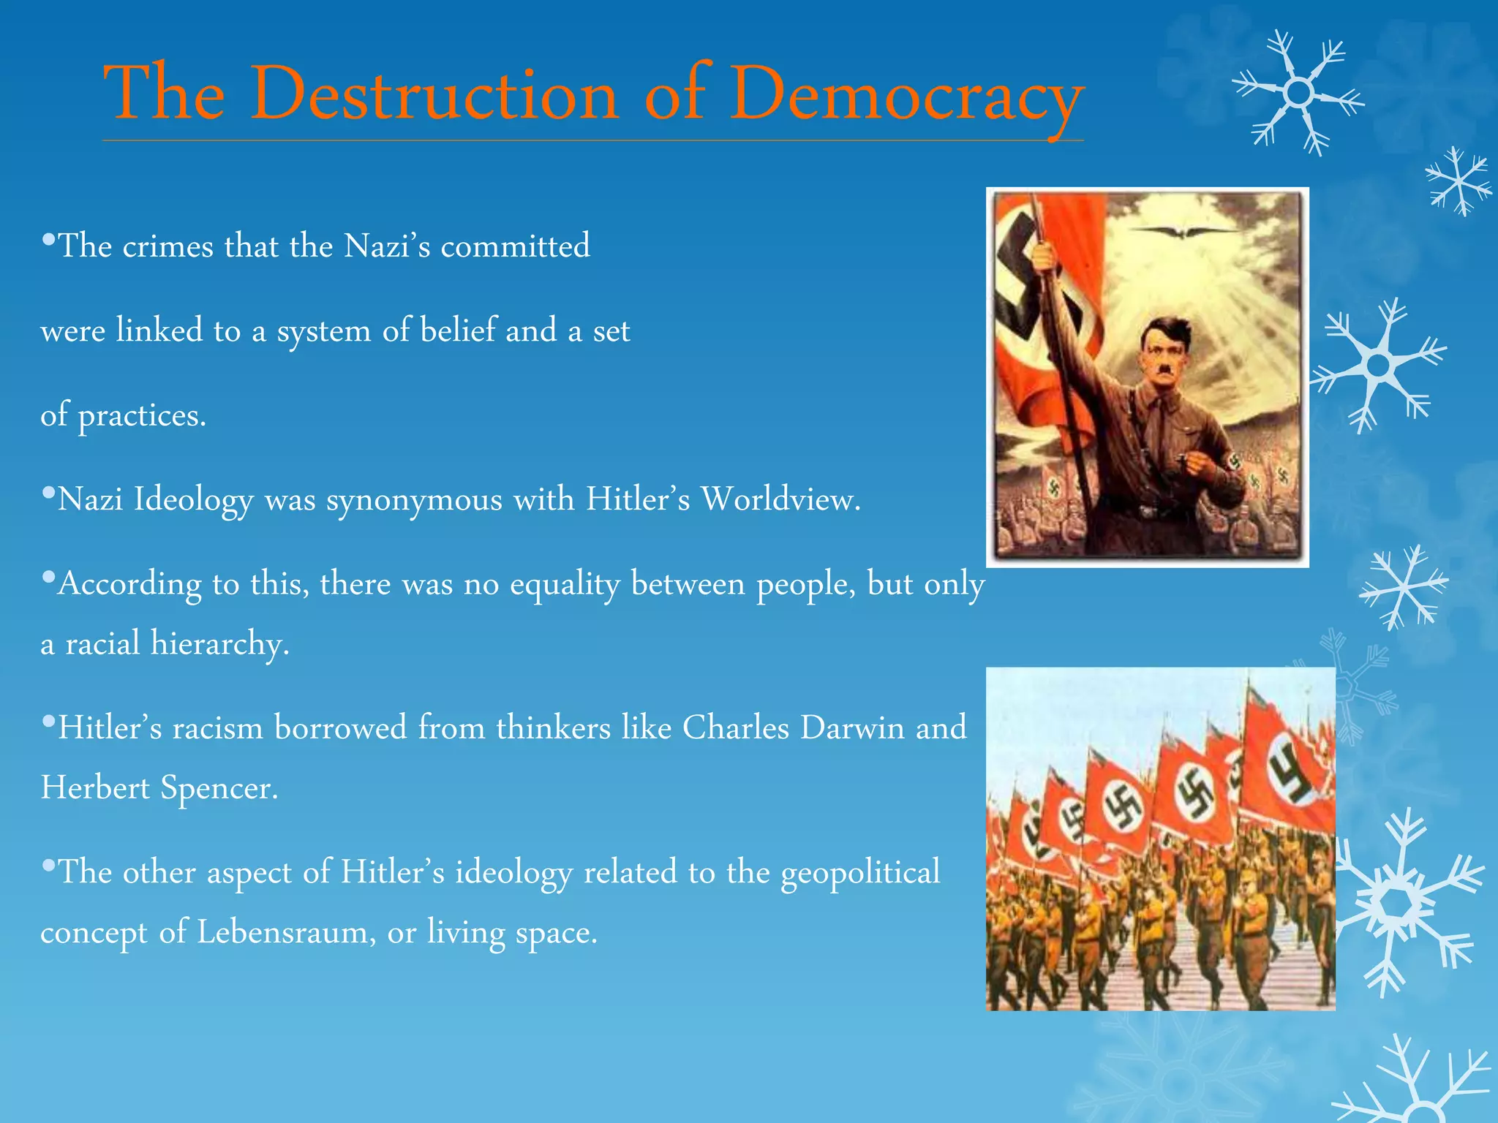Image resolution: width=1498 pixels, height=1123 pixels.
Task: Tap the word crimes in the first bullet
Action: point(168,246)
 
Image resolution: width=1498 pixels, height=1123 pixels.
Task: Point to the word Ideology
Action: point(193,501)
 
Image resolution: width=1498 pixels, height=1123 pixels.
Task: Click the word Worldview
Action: point(780,500)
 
